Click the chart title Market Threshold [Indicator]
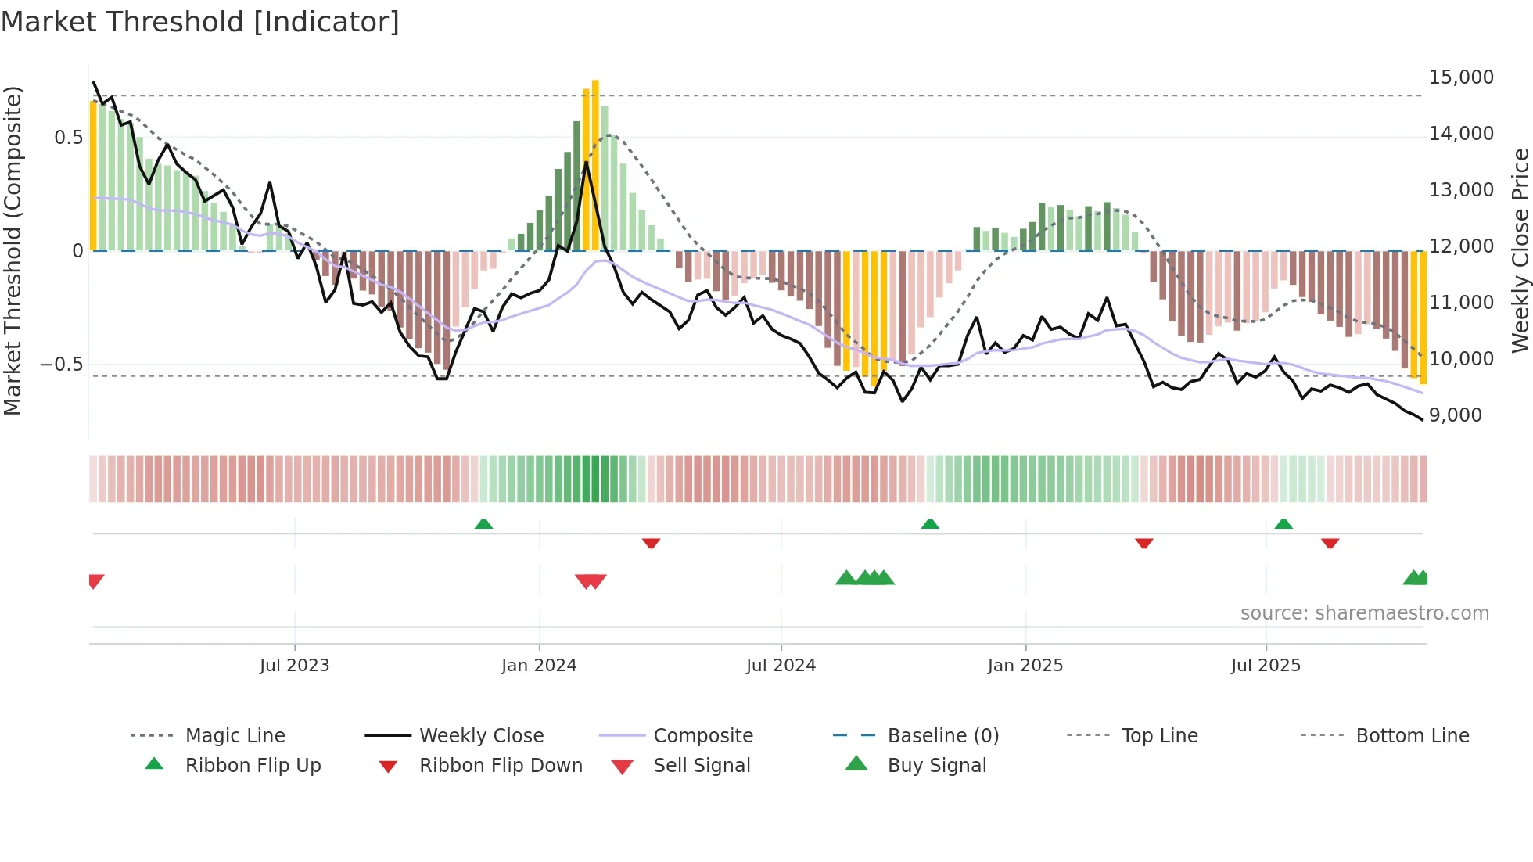(x=200, y=22)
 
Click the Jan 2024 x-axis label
(x=539, y=665)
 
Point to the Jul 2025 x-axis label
(x=1266, y=665)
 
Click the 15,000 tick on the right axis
(x=1461, y=77)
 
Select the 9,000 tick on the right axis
(x=1455, y=415)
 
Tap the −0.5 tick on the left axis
(x=61, y=365)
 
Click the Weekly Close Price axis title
(x=1519, y=250)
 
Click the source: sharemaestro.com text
(x=1364, y=613)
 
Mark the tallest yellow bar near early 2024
(x=595, y=164)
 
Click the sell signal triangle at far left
(x=95, y=580)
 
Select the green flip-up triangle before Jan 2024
(x=483, y=524)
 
